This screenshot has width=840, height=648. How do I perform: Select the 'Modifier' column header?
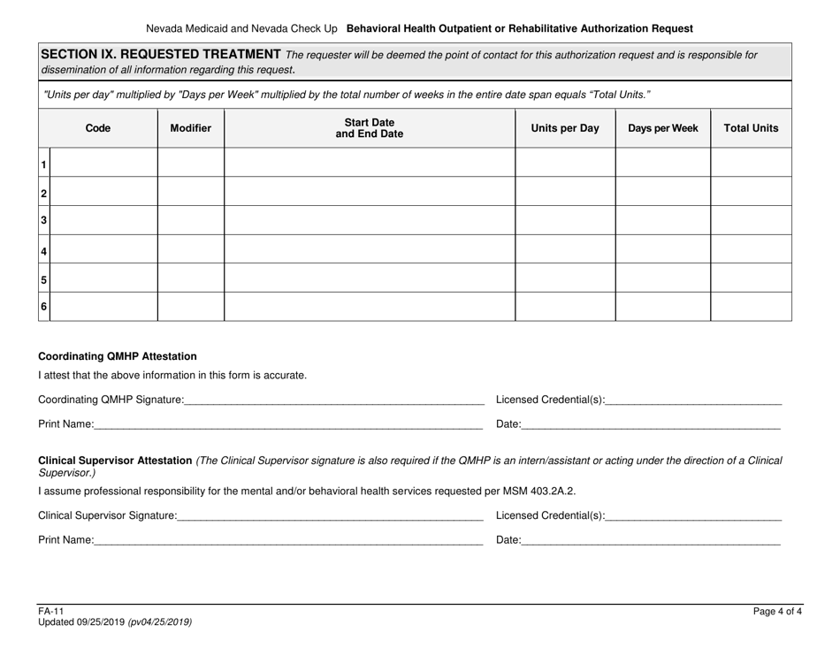pos(190,128)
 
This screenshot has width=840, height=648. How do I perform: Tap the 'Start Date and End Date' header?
pos(369,128)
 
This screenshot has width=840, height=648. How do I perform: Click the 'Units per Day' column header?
pos(564,128)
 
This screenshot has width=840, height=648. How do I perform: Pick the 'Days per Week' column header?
pos(662,128)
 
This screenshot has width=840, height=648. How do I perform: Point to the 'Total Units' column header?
pos(751,128)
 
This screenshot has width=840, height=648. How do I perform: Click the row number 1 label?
pos(42,164)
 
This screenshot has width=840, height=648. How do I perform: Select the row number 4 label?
pos(42,250)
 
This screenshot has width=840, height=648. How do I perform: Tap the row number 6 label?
pos(42,307)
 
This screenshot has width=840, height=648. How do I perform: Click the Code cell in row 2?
pos(103,192)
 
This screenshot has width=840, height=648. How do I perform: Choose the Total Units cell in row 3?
pos(751,221)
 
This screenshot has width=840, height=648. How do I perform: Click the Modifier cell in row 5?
pos(190,278)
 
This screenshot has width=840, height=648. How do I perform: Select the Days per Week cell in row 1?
pos(662,163)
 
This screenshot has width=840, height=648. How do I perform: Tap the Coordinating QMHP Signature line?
pos(333,400)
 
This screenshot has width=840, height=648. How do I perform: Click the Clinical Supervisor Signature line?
pos(330,515)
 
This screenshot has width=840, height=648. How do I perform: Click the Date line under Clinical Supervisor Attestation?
pos(651,538)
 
